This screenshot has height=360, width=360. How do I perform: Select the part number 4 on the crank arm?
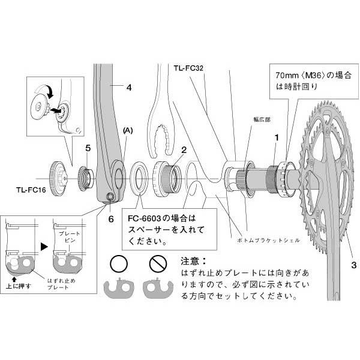(128, 88)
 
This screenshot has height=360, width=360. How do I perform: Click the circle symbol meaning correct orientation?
(118, 263)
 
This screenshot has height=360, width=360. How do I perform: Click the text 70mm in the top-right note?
(286, 76)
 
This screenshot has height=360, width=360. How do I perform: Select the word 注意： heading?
(193, 262)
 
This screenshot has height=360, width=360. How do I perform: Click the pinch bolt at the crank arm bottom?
(110, 197)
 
